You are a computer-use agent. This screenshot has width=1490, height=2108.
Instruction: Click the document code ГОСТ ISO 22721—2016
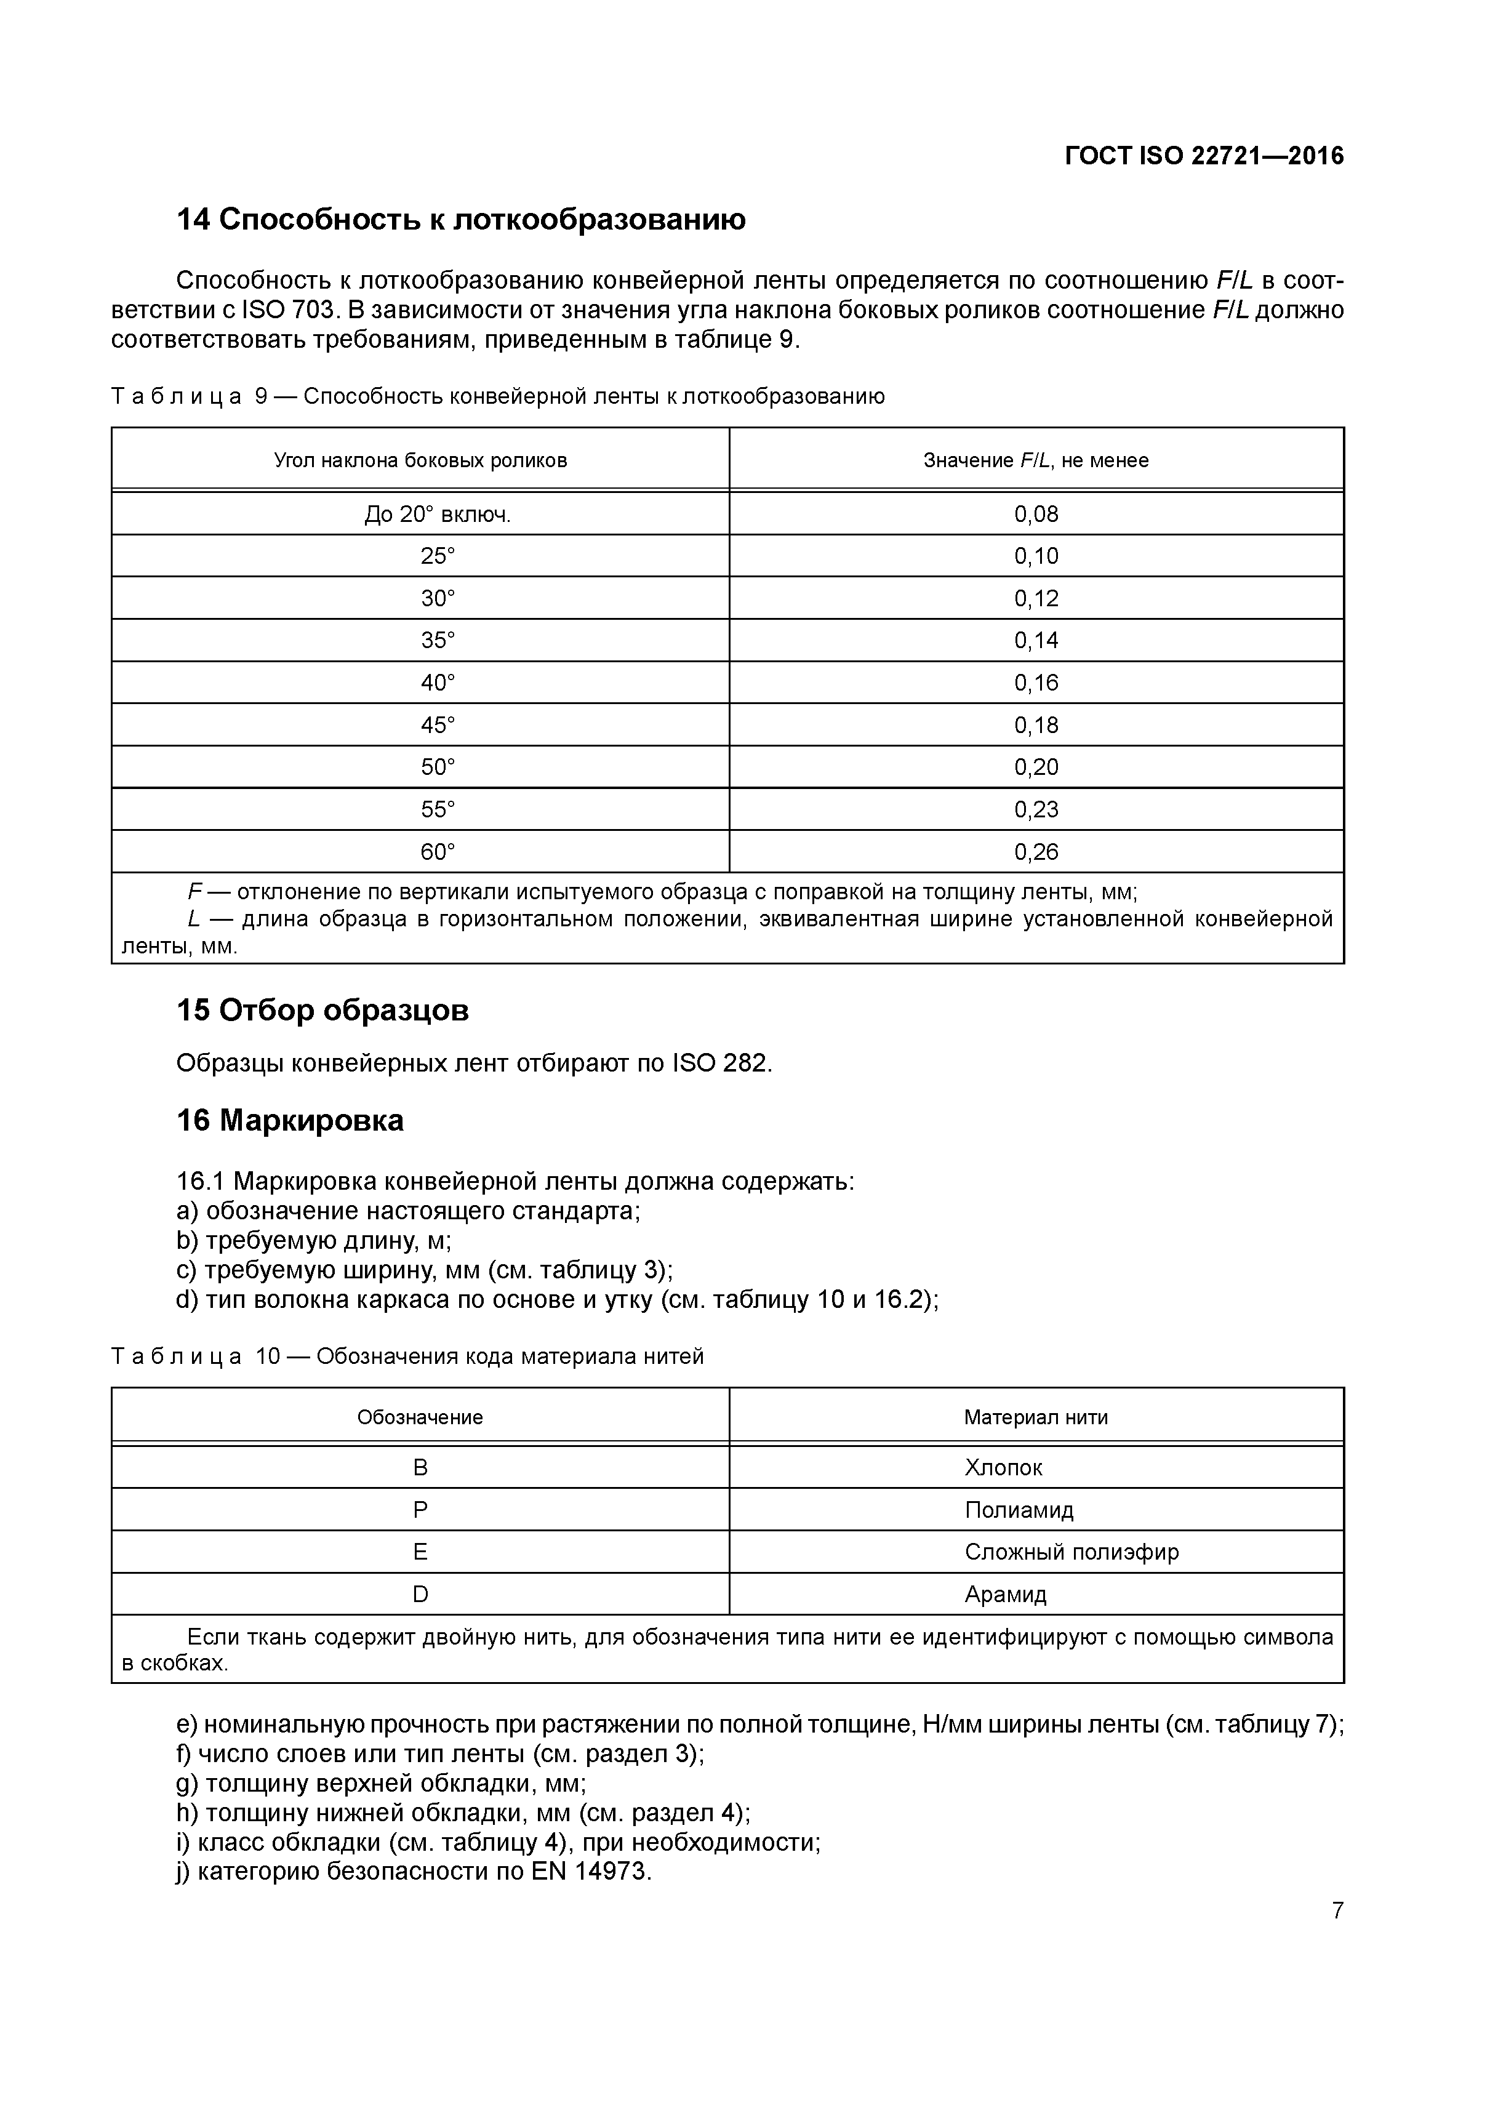click(x=1204, y=156)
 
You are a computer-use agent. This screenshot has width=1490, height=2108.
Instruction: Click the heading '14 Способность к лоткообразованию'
click(x=461, y=220)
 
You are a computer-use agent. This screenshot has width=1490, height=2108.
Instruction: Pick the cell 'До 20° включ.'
click(x=438, y=514)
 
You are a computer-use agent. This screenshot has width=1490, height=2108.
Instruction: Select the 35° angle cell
click(x=438, y=641)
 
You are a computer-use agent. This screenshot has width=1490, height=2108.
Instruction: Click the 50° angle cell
click(x=438, y=767)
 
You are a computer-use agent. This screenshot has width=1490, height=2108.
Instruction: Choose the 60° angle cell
click(x=438, y=852)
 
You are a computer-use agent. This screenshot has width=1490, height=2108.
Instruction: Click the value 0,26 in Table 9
click(x=1036, y=852)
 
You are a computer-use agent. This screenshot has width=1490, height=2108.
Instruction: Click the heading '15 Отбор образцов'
click(x=322, y=1011)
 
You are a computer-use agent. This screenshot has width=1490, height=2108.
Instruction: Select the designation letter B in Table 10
click(x=420, y=1468)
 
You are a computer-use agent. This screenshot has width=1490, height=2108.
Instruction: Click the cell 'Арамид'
click(x=1005, y=1595)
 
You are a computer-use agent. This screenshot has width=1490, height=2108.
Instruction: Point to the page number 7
click(x=1337, y=1910)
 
